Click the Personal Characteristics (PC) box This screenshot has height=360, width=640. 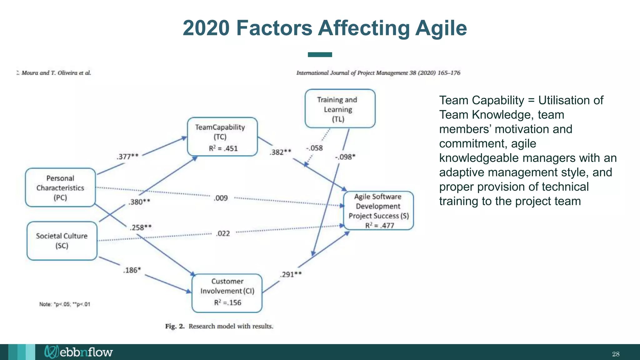(x=60, y=187)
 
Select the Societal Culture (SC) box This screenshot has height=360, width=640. (x=62, y=241)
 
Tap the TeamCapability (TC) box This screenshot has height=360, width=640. (x=222, y=137)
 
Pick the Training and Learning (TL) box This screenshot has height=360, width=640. (x=340, y=109)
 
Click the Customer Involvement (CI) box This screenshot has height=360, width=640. (x=227, y=293)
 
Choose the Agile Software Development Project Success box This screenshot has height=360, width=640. (x=378, y=211)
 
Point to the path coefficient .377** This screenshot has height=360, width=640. (x=127, y=156)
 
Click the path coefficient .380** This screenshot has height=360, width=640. (x=139, y=202)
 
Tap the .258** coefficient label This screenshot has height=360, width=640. (x=141, y=227)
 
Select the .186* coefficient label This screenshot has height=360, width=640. (x=132, y=270)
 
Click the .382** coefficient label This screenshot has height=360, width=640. (x=281, y=152)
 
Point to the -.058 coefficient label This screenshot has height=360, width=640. (x=314, y=148)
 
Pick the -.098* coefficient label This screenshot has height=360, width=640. (x=345, y=157)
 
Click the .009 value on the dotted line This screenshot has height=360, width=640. (x=221, y=198)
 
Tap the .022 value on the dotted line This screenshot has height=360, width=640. (x=223, y=233)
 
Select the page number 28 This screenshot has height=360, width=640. (x=616, y=354)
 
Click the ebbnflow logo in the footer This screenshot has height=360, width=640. (x=78, y=352)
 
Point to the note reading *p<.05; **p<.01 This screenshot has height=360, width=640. (x=65, y=304)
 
